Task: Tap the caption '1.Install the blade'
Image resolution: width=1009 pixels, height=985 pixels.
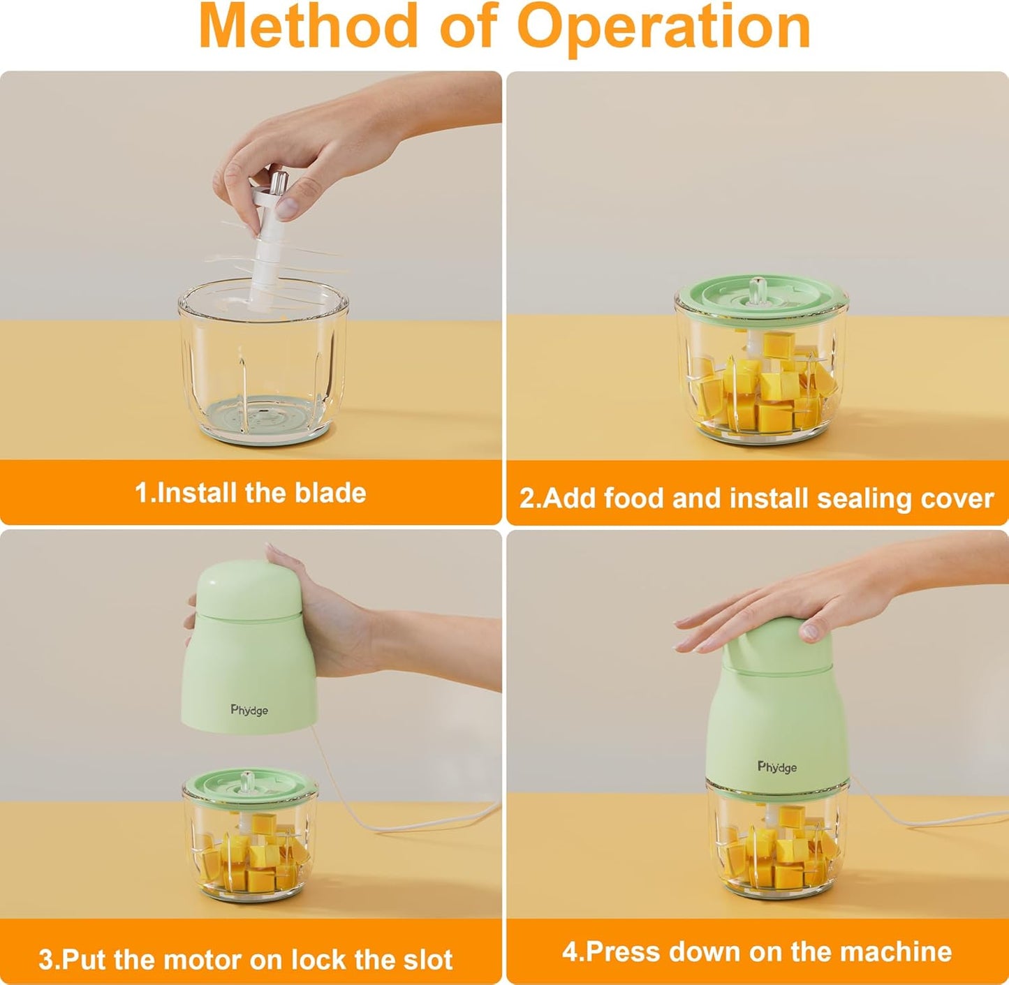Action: [x=250, y=493]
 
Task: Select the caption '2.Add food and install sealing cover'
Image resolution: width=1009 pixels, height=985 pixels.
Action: [x=756, y=498]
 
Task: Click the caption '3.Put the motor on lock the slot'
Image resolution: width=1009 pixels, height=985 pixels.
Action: [x=245, y=959]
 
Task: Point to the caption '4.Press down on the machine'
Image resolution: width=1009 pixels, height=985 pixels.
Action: [x=756, y=951]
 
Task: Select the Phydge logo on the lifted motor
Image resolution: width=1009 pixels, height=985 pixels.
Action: [x=249, y=710]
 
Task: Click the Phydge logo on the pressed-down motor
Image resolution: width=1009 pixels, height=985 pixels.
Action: [x=776, y=767]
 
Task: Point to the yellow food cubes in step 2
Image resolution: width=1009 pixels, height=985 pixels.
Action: [x=768, y=391]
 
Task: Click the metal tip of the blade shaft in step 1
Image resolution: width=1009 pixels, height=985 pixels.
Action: [x=279, y=184]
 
